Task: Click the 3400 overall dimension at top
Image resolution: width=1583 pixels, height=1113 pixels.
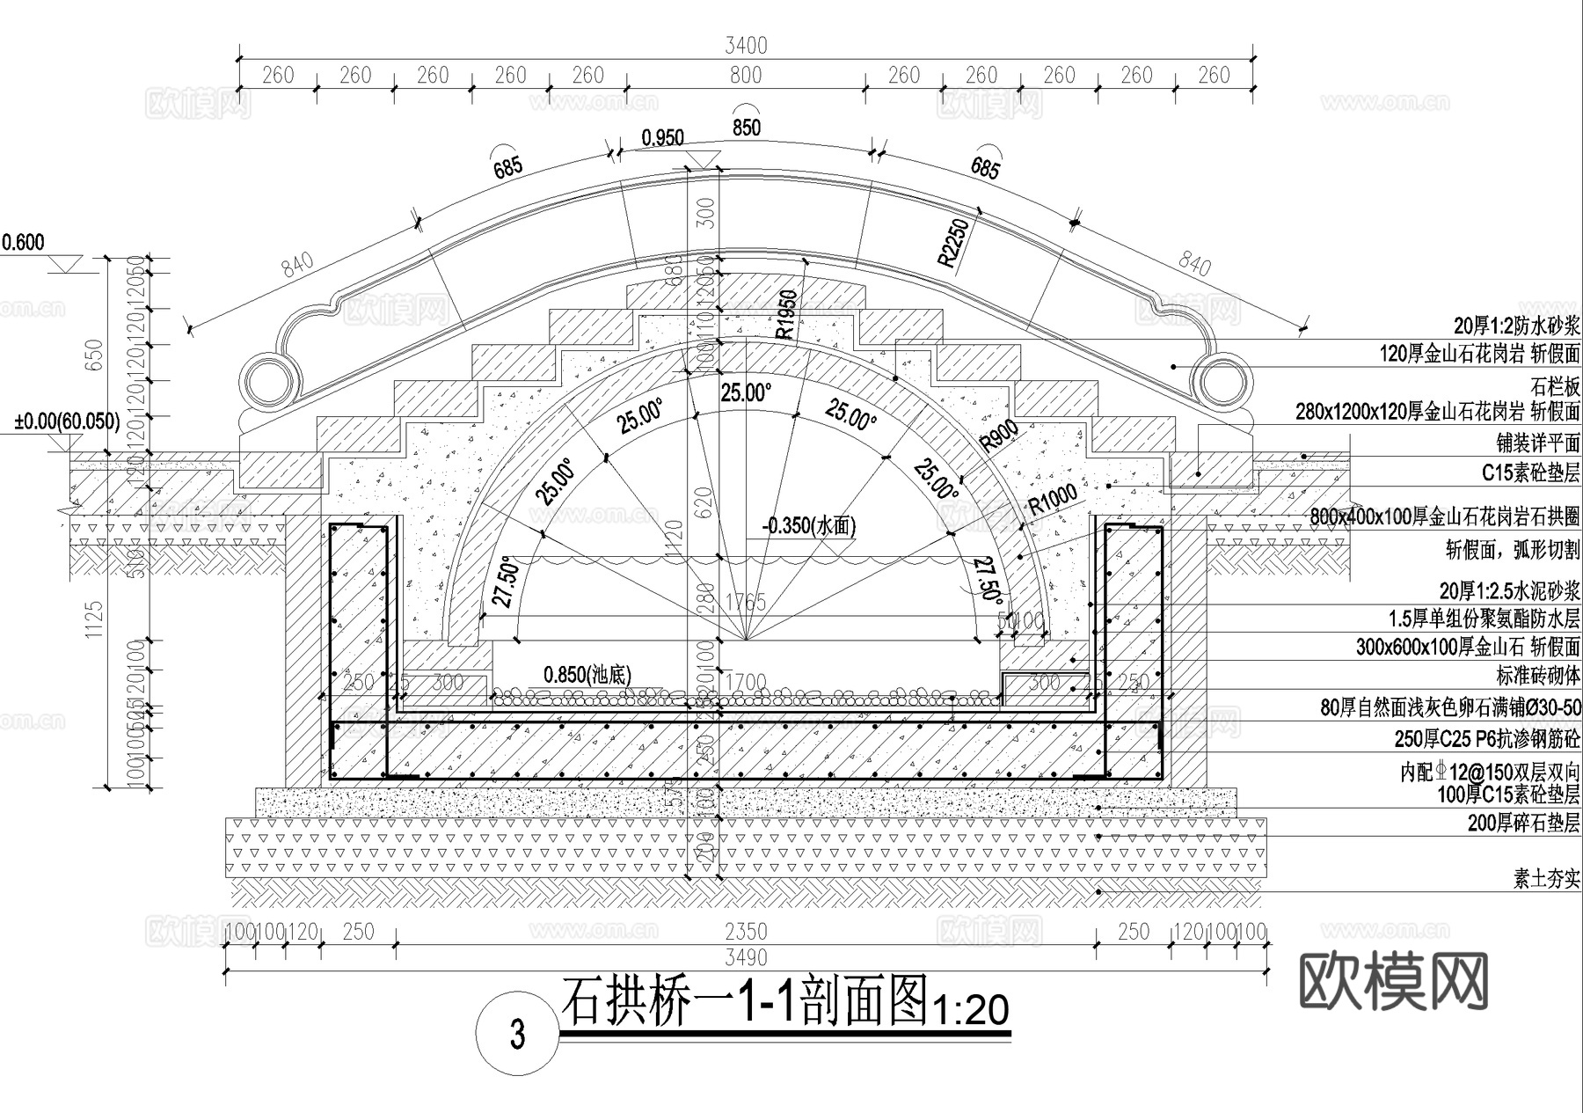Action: [x=745, y=45]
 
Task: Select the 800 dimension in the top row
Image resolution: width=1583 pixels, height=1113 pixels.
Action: [x=745, y=76]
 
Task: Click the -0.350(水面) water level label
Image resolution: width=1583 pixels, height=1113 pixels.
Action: [x=808, y=526]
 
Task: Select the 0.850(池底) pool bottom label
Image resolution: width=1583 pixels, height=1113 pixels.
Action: [x=587, y=675]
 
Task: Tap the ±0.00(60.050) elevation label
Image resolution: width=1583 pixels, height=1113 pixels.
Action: [x=67, y=421]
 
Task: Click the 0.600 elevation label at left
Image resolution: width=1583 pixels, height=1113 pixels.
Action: [x=23, y=243]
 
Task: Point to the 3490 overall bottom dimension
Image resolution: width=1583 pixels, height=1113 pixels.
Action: [x=745, y=957]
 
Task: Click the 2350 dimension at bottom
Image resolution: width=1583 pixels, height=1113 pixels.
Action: [x=745, y=931]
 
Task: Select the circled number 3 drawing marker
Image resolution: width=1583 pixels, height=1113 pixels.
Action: [x=517, y=1034]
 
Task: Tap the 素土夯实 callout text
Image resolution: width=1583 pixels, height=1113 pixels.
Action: [x=1546, y=878]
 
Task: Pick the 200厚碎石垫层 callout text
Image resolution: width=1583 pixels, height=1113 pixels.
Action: [x=1523, y=823]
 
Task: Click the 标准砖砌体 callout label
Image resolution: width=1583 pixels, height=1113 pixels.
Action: [x=1538, y=676]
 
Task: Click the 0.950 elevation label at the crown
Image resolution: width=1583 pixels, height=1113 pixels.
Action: [x=662, y=137]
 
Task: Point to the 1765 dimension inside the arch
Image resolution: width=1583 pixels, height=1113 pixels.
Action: [x=746, y=603]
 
